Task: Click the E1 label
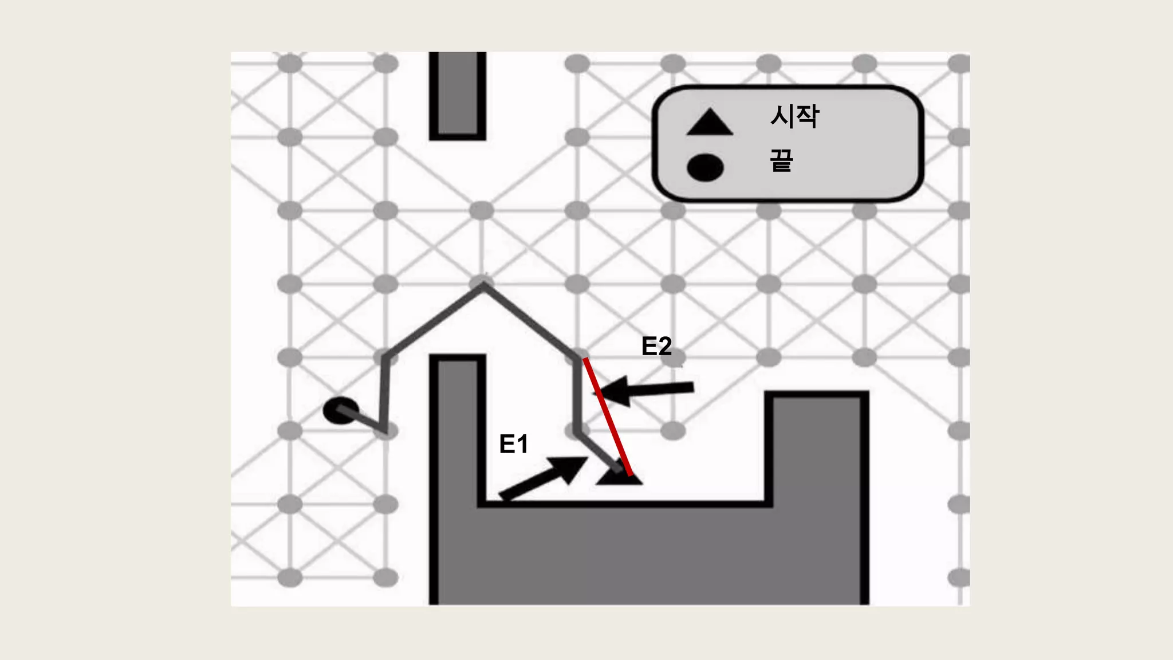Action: [513, 444]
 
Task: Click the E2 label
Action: [656, 346]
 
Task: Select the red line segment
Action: [607, 417]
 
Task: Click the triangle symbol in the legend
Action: [710, 123]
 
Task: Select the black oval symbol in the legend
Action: [705, 167]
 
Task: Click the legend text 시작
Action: [794, 117]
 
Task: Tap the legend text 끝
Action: [781, 160]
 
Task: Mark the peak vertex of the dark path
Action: [483, 286]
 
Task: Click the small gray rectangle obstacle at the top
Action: [458, 95]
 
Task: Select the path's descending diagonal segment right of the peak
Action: [530, 322]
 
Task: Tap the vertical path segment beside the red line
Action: [577, 395]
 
